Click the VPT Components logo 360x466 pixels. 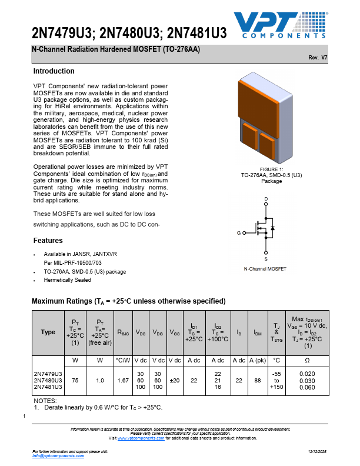coord(281,25)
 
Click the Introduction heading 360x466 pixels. coord(54,71)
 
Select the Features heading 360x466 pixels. coord(48,241)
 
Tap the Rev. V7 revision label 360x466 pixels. coord(318,58)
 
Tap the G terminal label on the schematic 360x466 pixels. coord(239,234)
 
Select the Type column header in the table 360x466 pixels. coord(48,332)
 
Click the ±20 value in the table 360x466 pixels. coord(174,381)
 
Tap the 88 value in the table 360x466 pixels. coord(257,381)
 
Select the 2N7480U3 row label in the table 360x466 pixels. coord(48,381)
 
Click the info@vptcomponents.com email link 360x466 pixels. coord(54,456)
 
